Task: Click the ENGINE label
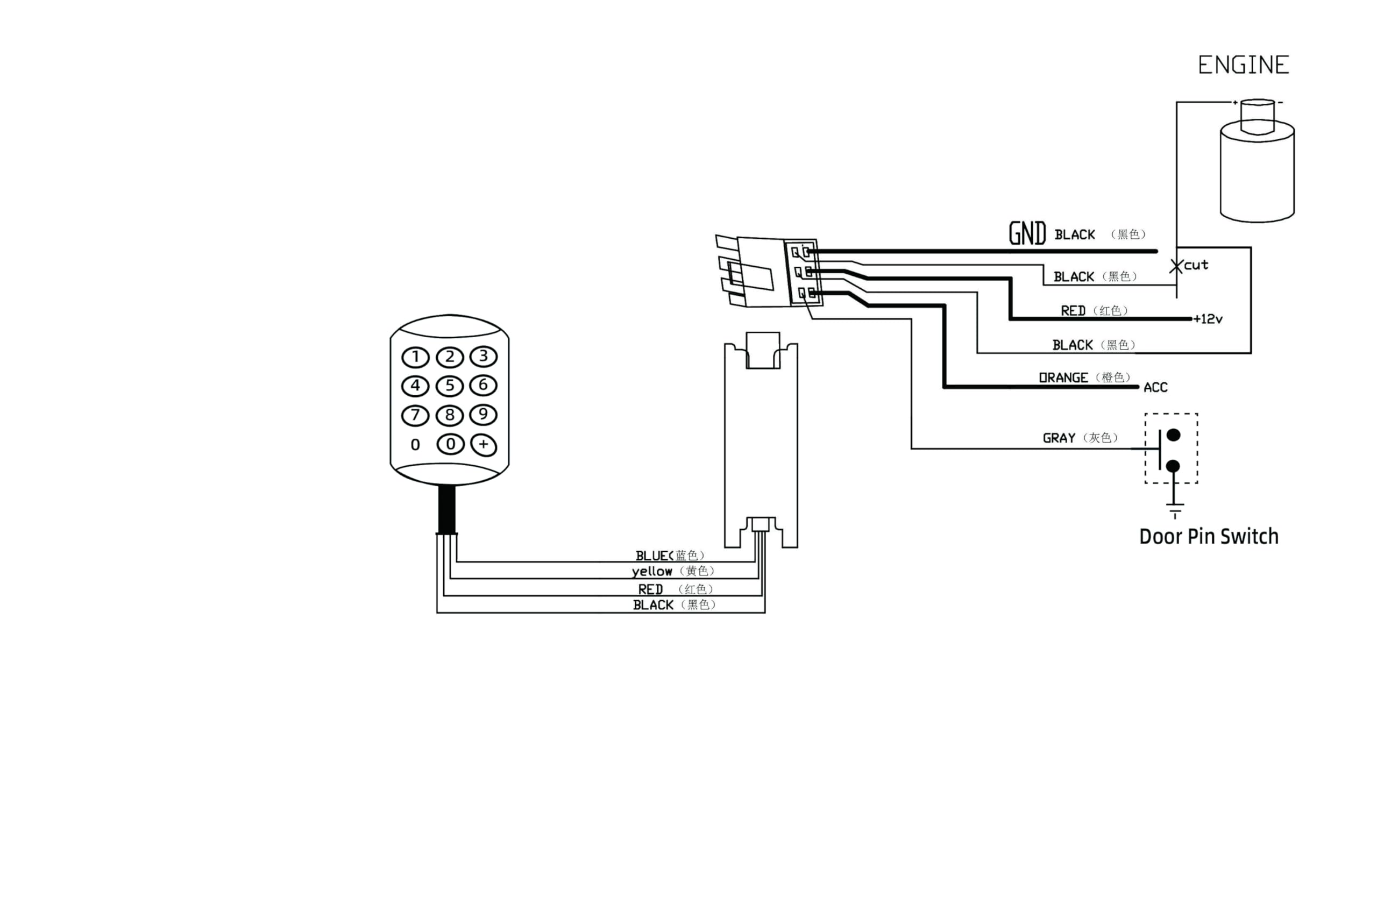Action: (1244, 65)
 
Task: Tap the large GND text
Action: (1027, 233)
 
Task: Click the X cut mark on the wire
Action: (1176, 266)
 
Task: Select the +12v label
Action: (1209, 319)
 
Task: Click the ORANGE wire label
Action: (1063, 378)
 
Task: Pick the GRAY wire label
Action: (1059, 438)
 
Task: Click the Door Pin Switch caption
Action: (1209, 536)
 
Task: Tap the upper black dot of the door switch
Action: (1173, 435)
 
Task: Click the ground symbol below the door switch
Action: (1174, 509)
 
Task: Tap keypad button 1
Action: (415, 357)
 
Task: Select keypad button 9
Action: (483, 415)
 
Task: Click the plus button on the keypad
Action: (484, 444)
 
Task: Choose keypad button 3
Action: (483, 356)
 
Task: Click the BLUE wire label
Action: (654, 556)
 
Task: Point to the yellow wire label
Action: (651, 572)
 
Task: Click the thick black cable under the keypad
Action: (446, 509)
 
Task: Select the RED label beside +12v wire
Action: (1073, 311)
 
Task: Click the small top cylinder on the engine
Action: (1258, 117)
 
